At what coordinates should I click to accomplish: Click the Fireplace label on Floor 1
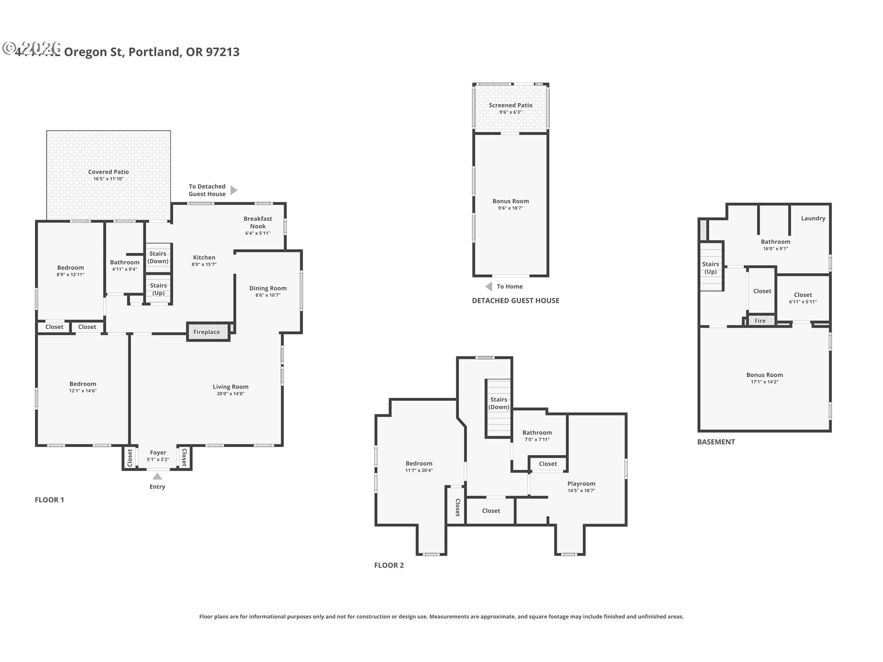coord(206,332)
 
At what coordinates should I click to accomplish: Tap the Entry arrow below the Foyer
coord(157,476)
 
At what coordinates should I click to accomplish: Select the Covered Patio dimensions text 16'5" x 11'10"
coord(109,179)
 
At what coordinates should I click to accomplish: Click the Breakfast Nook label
coord(258,223)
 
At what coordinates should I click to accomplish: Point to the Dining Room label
coord(268,288)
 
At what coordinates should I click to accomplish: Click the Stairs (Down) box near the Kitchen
coord(158,257)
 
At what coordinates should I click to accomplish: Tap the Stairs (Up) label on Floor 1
coord(158,289)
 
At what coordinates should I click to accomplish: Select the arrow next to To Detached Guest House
coord(234,190)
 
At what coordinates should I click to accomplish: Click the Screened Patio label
coord(510,105)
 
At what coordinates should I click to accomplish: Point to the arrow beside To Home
coord(489,286)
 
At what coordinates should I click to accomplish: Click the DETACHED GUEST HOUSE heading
coord(516,301)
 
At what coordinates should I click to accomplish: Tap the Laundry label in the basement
coord(813,218)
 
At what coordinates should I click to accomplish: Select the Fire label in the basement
coord(760,321)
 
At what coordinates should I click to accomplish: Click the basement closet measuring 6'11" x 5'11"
coord(803,298)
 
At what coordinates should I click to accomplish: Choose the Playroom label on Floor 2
coord(581,484)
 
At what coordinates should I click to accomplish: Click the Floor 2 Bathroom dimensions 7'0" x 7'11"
coord(537,439)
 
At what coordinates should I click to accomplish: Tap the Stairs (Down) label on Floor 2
coord(499,403)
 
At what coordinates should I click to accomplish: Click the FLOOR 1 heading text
coord(49,500)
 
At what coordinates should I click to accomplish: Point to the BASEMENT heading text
coord(716,442)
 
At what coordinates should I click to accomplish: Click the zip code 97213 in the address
coord(223,52)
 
